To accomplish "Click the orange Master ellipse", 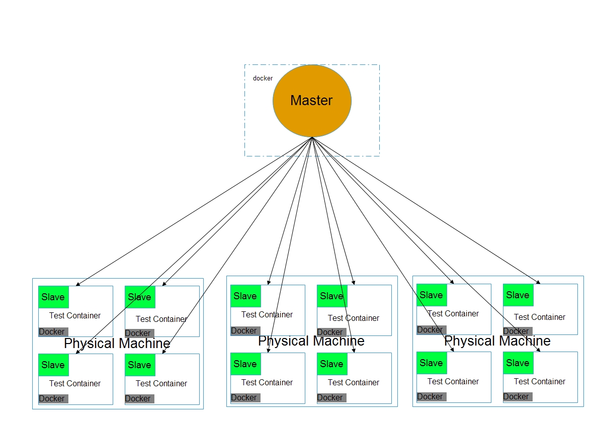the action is coord(312,101).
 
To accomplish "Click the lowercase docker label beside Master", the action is coord(263,78).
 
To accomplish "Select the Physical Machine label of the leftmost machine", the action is coord(117,344).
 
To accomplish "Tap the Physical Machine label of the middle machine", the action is coord(311,341).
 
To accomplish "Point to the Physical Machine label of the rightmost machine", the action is coord(497,341).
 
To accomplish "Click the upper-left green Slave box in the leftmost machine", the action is coord(53,297).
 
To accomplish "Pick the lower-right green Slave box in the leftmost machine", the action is coord(140,365).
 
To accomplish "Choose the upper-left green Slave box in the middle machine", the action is coord(245,296).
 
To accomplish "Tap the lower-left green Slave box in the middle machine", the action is coord(245,364).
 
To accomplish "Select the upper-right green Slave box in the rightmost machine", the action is coord(519,295).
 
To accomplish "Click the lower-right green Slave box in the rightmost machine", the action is coord(519,363).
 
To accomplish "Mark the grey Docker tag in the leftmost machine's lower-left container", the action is coord(53,398).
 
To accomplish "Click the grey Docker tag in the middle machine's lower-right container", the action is coord(332,397).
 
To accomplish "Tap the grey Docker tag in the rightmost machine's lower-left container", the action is coord(432,397).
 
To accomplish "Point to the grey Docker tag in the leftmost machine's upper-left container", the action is coord(53,332).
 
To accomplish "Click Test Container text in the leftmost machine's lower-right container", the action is coord(161,383).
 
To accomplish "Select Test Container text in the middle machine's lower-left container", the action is coord(267,382).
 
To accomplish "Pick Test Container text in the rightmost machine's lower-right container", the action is coord(540,381).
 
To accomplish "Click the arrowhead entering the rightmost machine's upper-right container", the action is coord(539,283).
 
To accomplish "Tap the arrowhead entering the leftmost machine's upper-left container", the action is coord(78,284).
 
